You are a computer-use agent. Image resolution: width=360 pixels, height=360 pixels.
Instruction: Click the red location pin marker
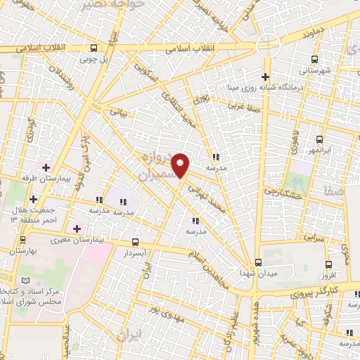(x=181, y=166)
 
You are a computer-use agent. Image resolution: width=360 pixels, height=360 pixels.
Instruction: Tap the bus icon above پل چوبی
(x=94, y=49)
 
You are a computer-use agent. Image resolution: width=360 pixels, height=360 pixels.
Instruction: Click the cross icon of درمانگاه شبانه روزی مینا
(x=265, y=77)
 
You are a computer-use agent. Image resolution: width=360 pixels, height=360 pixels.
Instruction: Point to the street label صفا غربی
(x=245, y=105)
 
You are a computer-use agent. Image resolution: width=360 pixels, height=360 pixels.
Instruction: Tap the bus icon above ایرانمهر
(x=319, y=139)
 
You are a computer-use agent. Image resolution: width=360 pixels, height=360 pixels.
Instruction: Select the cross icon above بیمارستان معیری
(x=77, y=229)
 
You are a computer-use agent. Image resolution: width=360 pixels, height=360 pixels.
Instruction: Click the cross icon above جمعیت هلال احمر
(x=33, y=199)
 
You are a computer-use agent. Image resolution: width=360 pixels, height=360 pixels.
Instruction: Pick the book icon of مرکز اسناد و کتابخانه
(x=26, y=280)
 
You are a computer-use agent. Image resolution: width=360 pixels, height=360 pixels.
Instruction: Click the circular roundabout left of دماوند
(x=268, y=44)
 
